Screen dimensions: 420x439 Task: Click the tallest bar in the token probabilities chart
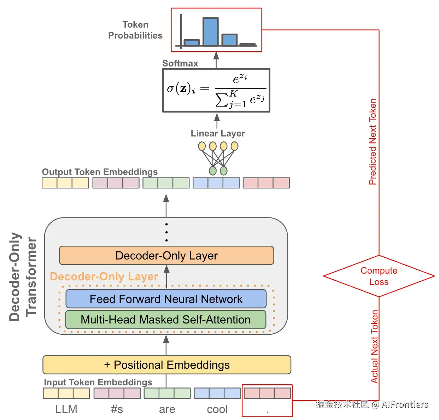click(211, 32)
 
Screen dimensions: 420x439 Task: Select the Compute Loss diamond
click(379, 276)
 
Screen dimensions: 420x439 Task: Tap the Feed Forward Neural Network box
click(166, 299)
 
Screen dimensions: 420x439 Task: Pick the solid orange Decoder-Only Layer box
click(166, 256)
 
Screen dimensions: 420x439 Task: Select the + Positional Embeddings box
click(166, 365)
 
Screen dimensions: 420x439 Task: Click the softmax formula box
click(216, 91)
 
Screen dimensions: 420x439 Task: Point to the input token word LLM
click(66, 409)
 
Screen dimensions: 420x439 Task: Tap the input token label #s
click(117, 409)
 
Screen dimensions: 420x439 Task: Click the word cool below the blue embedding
click(217, 409)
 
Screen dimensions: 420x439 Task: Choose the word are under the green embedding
click(167, 409)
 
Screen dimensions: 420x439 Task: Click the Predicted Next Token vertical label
click(373, 141)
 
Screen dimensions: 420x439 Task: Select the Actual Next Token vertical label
click(374, 346)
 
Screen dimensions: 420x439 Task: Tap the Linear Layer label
click(218, 133)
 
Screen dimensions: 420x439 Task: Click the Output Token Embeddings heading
click(100, 172)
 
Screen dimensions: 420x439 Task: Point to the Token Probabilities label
click(135, 30)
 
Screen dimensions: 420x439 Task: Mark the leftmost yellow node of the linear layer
click(202, 146)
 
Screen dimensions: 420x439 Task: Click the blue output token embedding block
click(216, 183)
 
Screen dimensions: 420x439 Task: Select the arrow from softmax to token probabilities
click(216, 60)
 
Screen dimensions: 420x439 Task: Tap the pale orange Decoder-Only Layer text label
click(104, 276)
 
